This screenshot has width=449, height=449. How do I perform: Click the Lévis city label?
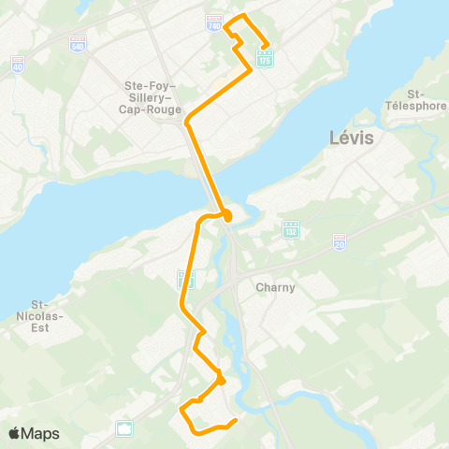(x=352, y=138)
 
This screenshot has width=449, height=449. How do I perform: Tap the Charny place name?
(x=276, y=288)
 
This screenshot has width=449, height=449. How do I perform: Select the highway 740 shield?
(x=214, y=22)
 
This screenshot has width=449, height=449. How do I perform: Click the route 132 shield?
(x=291, y=229)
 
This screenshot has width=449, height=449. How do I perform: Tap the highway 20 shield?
(x=340, y=240)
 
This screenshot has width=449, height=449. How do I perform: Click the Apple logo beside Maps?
(x=15, y=433)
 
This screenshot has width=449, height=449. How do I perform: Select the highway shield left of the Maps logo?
(x=124, y=427)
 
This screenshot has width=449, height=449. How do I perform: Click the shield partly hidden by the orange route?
(x=187, y=279)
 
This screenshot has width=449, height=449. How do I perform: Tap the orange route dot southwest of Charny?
(x=221, y=381)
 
